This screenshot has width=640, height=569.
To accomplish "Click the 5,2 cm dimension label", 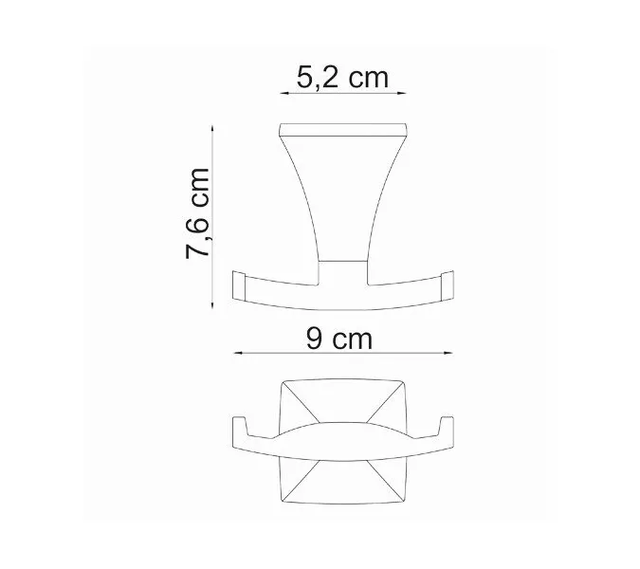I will (x=343, y=77).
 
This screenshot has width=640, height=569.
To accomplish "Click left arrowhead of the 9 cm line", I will (x=237, y=353).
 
